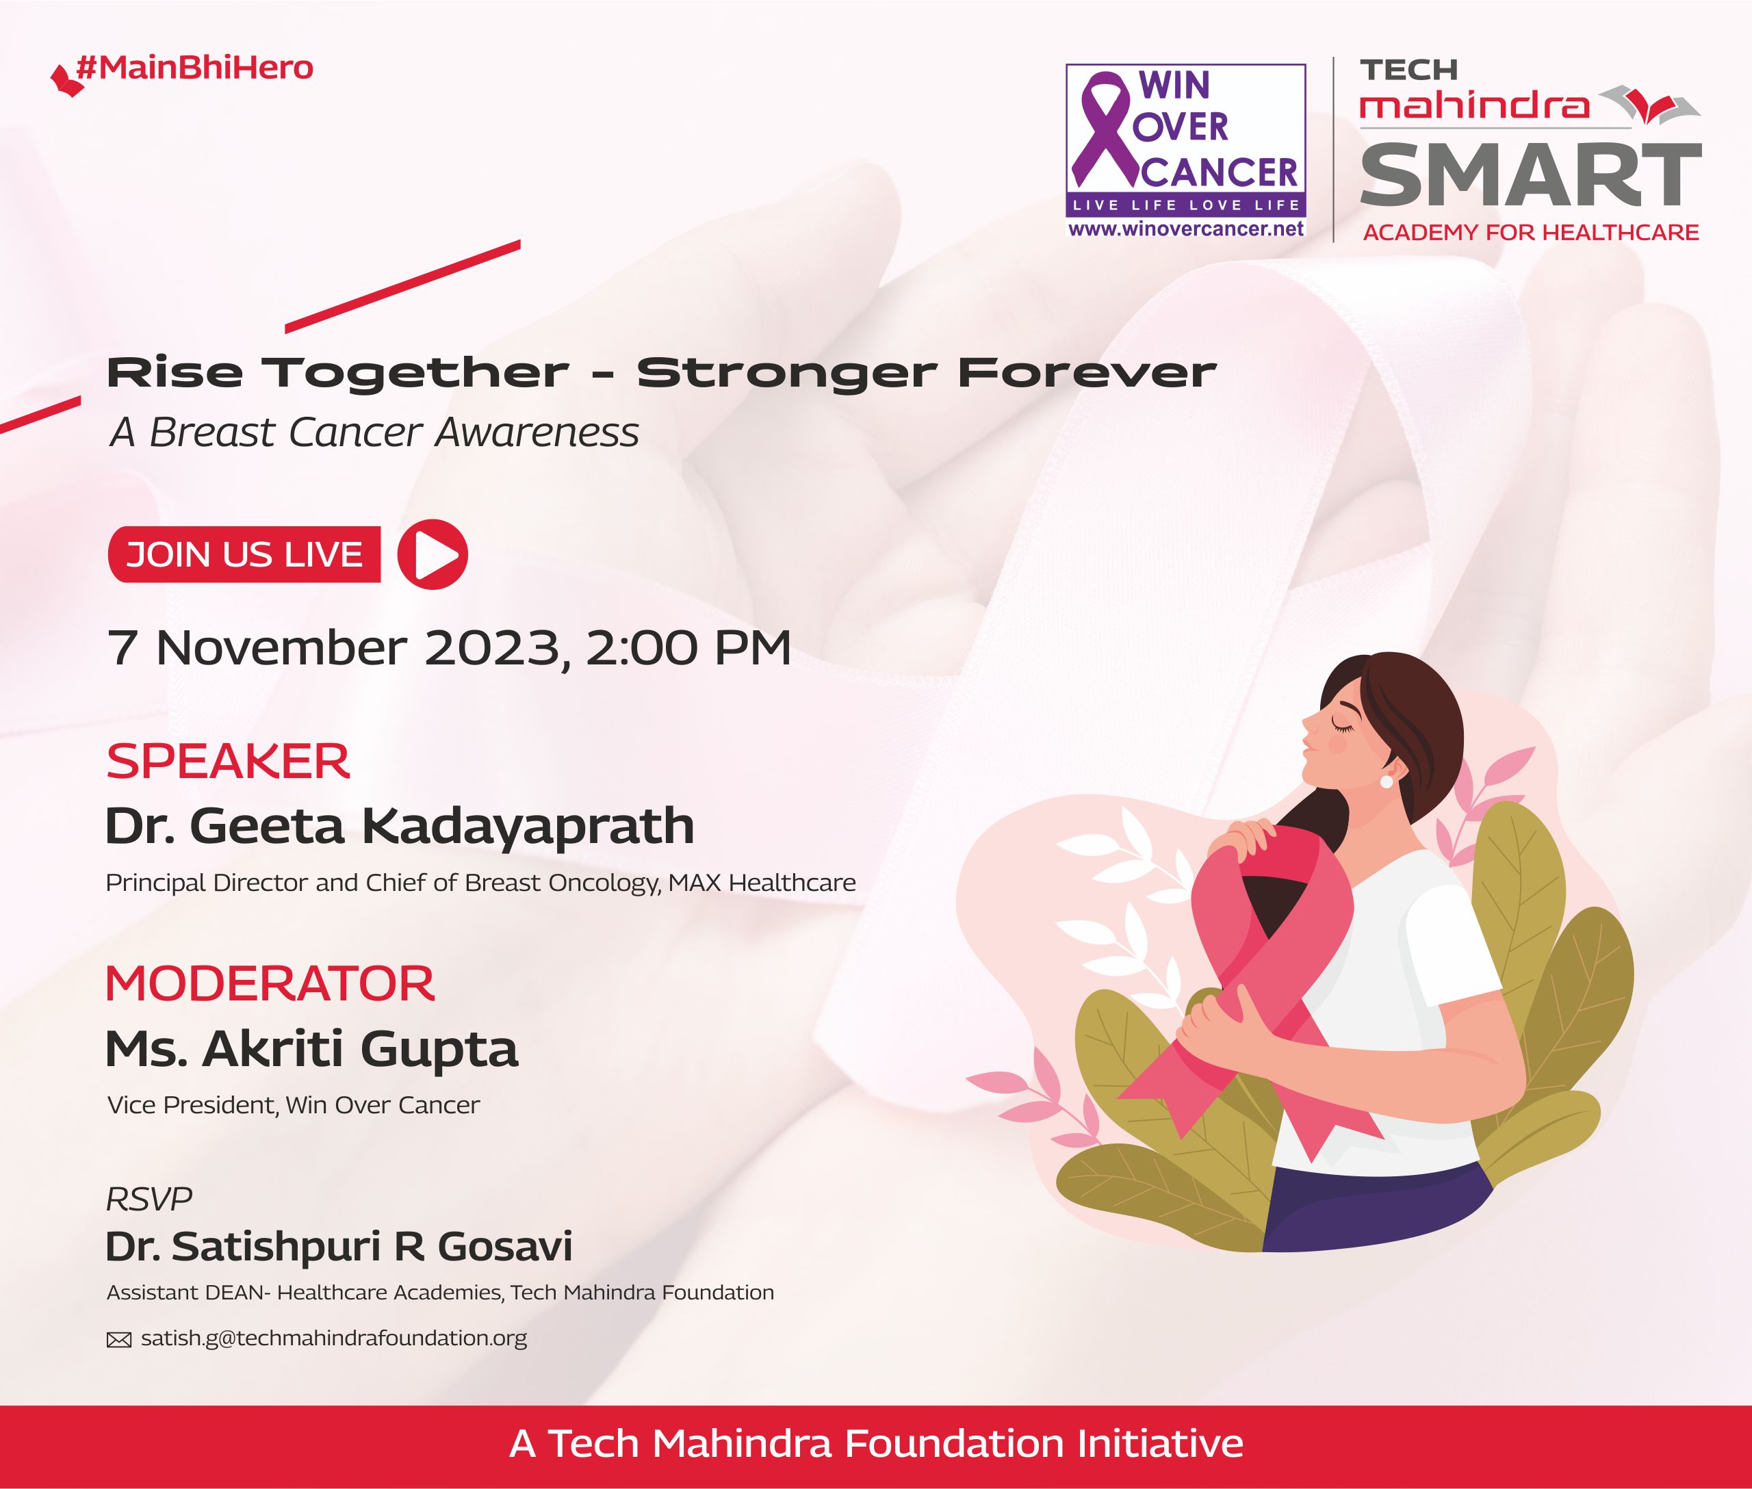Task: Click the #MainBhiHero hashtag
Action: pyautogui.click(x=194, y=68)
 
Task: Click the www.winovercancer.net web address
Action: pyautogui.click(x=1186, y=229)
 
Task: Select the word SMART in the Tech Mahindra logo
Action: pyautogui.click(x=1530, y=174)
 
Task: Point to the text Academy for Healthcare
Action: pyautogui.click(x=1531, y=233)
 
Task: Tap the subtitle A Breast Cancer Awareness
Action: pyautogui.click(x=374, y=433)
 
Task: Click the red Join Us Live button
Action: pyautogui.click(x=245, y=554)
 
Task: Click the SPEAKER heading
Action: pyautogui.click(x=227, y=762)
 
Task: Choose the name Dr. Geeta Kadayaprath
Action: pyautogui.click(x=400, y=825)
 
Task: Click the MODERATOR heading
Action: pyautogui.click(x=270, y=984)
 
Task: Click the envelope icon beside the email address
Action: pyautogui.click(x=119, y=1340)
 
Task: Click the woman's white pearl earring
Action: pyautogui.click(x=1386, y=783)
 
